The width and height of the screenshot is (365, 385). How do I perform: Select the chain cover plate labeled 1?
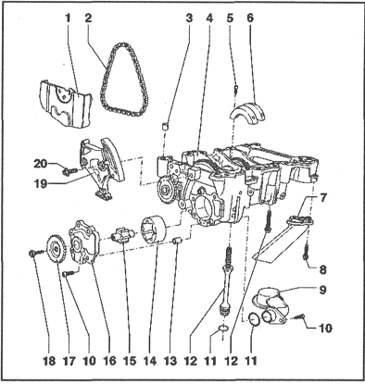[66, 104]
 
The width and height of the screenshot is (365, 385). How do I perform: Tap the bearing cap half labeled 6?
[249, 112]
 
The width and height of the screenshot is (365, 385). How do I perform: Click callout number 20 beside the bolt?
[40, 164]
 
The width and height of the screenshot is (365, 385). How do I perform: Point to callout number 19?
[40, 184]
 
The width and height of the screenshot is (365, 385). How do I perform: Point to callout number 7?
[321, 198]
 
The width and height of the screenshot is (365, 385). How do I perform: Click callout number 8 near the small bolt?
[322, 269]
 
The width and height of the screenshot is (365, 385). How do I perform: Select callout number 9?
[322, 290]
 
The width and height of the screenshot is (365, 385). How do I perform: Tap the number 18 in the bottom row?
[49, 360]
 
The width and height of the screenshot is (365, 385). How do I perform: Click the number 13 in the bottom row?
[170, 360]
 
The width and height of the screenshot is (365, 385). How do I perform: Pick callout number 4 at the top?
[209, 19]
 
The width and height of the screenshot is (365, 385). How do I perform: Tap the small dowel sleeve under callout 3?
[166, 126]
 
